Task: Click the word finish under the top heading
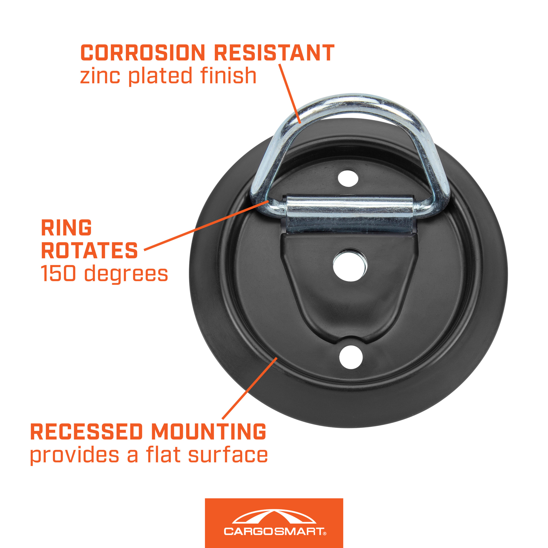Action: [x=228, y=75]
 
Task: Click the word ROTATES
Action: [x=89, y=250]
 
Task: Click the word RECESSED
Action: [x=87, y=432]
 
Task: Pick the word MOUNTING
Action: [x=209, y=432]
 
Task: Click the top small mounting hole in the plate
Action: [x=348, y=178]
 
